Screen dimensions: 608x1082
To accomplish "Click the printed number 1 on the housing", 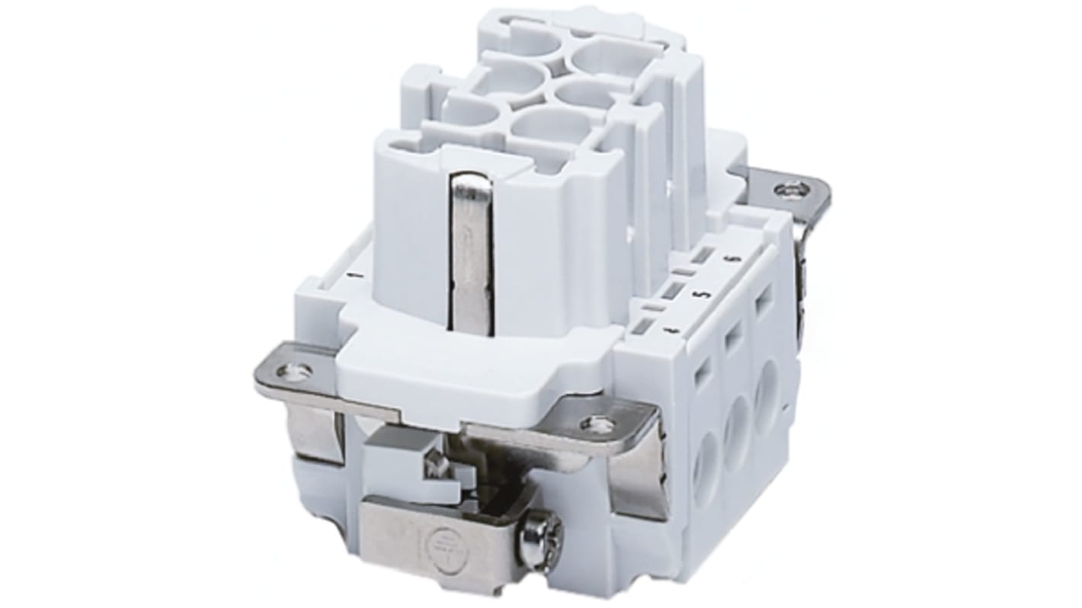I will [x=351, y=274].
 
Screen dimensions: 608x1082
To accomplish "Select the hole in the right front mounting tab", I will [x=598, y=424].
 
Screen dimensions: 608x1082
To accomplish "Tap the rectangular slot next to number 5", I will [x=671, y=290].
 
